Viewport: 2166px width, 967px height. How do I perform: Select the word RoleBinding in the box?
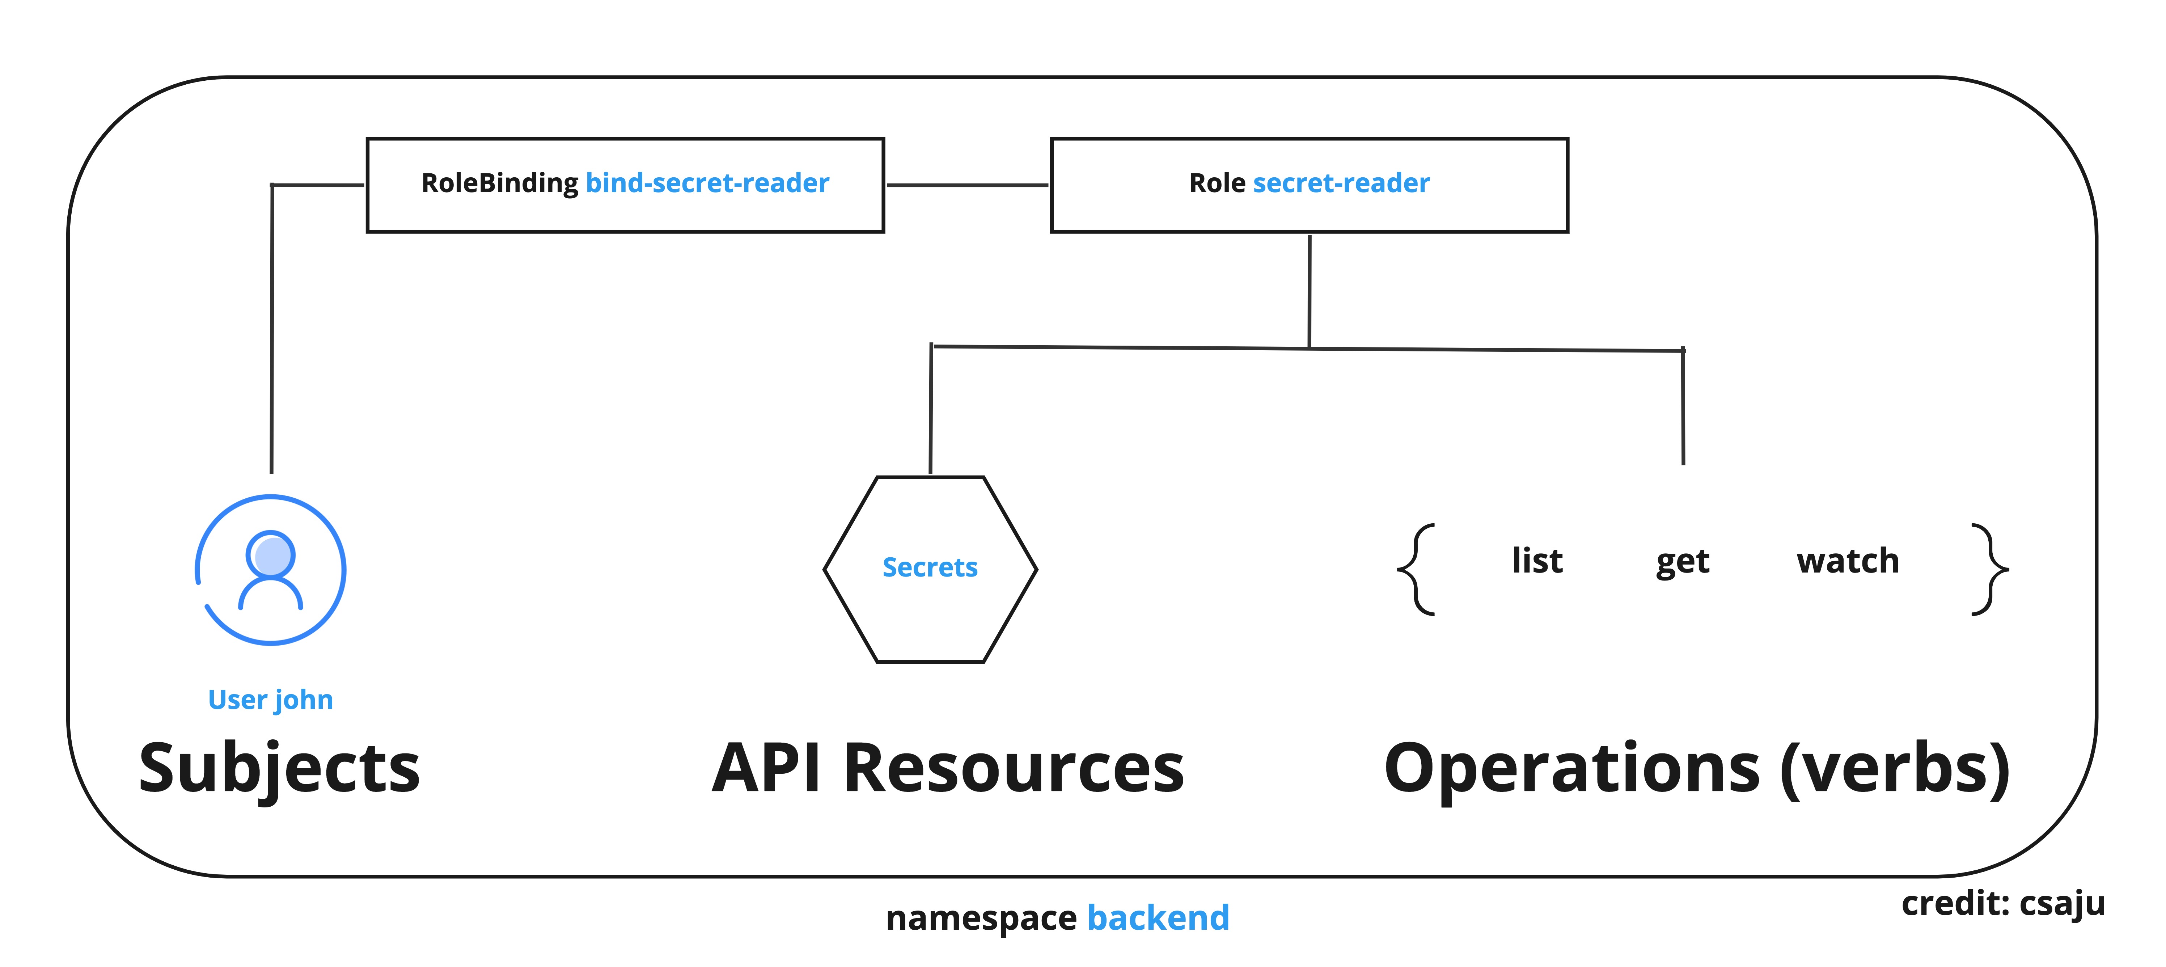click(499, 183)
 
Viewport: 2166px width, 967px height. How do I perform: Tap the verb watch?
click(1847, 561)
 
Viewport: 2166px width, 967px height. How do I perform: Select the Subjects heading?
click(279, 768)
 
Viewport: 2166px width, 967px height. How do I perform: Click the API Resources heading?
click(948, 768)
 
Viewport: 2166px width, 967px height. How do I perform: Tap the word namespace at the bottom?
click(981, 917)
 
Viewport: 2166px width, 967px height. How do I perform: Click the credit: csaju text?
click(2003, 903)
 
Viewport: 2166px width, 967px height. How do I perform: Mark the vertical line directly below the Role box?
click(1309, 290)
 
